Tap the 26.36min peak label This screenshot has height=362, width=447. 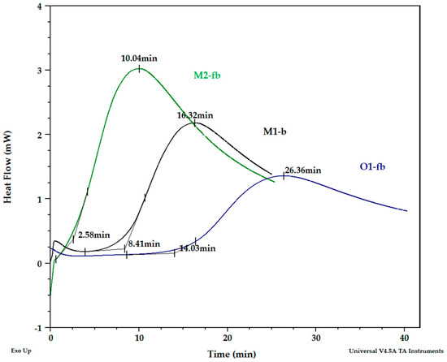tap(302, 170)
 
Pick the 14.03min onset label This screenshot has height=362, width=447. tap(197, 248)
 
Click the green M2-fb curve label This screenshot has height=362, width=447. tap(207, 75)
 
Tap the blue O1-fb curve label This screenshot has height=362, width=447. tap(372, 166)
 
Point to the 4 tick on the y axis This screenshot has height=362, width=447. tap(38, 6)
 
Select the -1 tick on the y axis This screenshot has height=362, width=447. tap(37, 327)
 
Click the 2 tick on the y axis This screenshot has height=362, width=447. tap(38, 134)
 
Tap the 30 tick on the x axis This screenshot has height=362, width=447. tap(316, 338)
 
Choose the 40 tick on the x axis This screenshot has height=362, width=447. tap(405, 338)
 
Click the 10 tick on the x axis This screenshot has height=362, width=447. tap(139, 338)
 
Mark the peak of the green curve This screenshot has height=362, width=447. tap(139, 69)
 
